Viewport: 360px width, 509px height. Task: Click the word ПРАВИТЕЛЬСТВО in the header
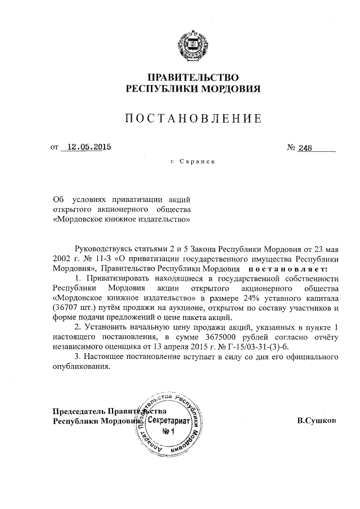(185, 77)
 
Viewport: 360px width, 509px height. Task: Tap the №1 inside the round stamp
(169, 431)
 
